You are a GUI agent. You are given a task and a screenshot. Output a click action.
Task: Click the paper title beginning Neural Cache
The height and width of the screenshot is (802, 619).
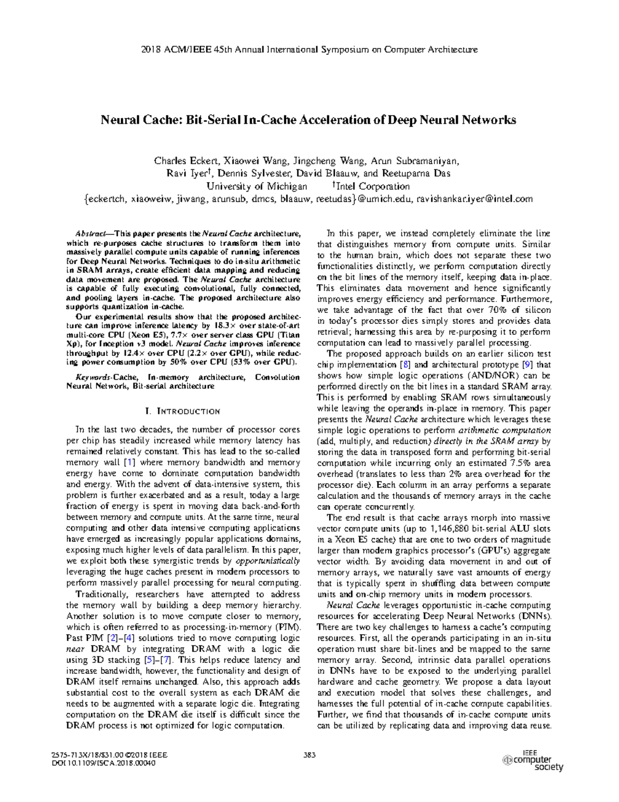coord(308,120)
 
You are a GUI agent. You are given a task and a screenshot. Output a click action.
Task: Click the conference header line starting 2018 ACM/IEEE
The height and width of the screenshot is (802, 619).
coord(309,50)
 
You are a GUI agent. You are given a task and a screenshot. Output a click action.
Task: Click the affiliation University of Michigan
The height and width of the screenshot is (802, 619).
coord(256,186)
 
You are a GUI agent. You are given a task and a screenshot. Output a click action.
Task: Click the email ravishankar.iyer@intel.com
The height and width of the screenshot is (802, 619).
coord(474,199)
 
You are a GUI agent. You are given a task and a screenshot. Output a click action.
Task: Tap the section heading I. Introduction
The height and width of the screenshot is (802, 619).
coord(183,412)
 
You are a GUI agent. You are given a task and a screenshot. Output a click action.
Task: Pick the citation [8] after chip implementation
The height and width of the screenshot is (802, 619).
coord(406,365)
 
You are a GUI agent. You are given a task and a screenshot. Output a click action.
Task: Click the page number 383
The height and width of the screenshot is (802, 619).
coord(309,755)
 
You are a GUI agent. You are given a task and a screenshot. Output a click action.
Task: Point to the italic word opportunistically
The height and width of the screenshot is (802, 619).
coord(267,561)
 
